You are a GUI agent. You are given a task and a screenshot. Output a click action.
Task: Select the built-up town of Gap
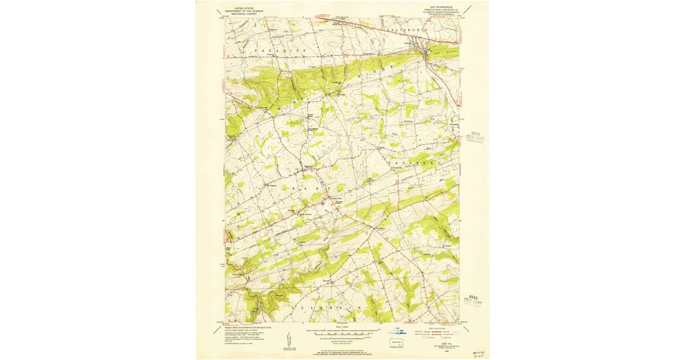pos(426,54)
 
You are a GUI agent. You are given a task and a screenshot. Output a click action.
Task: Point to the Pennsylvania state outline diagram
pos(396,344)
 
